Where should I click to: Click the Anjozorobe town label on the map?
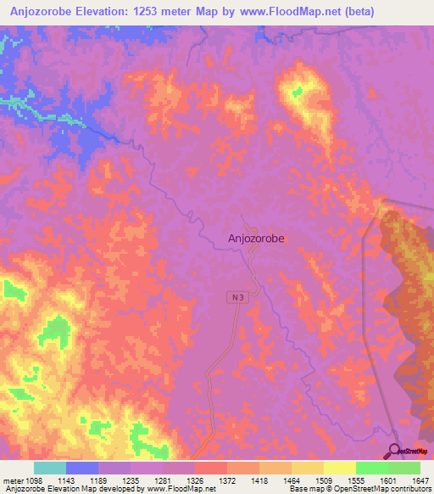coord(256,239)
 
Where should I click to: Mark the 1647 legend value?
coord(420,480)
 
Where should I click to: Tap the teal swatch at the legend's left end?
coord(49,468)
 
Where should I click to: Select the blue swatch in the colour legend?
coord(81,468)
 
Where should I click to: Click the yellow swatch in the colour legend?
coord(339,468)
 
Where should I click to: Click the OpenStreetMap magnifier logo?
coord(395,451)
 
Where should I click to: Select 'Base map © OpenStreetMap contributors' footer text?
coord(359,490)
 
